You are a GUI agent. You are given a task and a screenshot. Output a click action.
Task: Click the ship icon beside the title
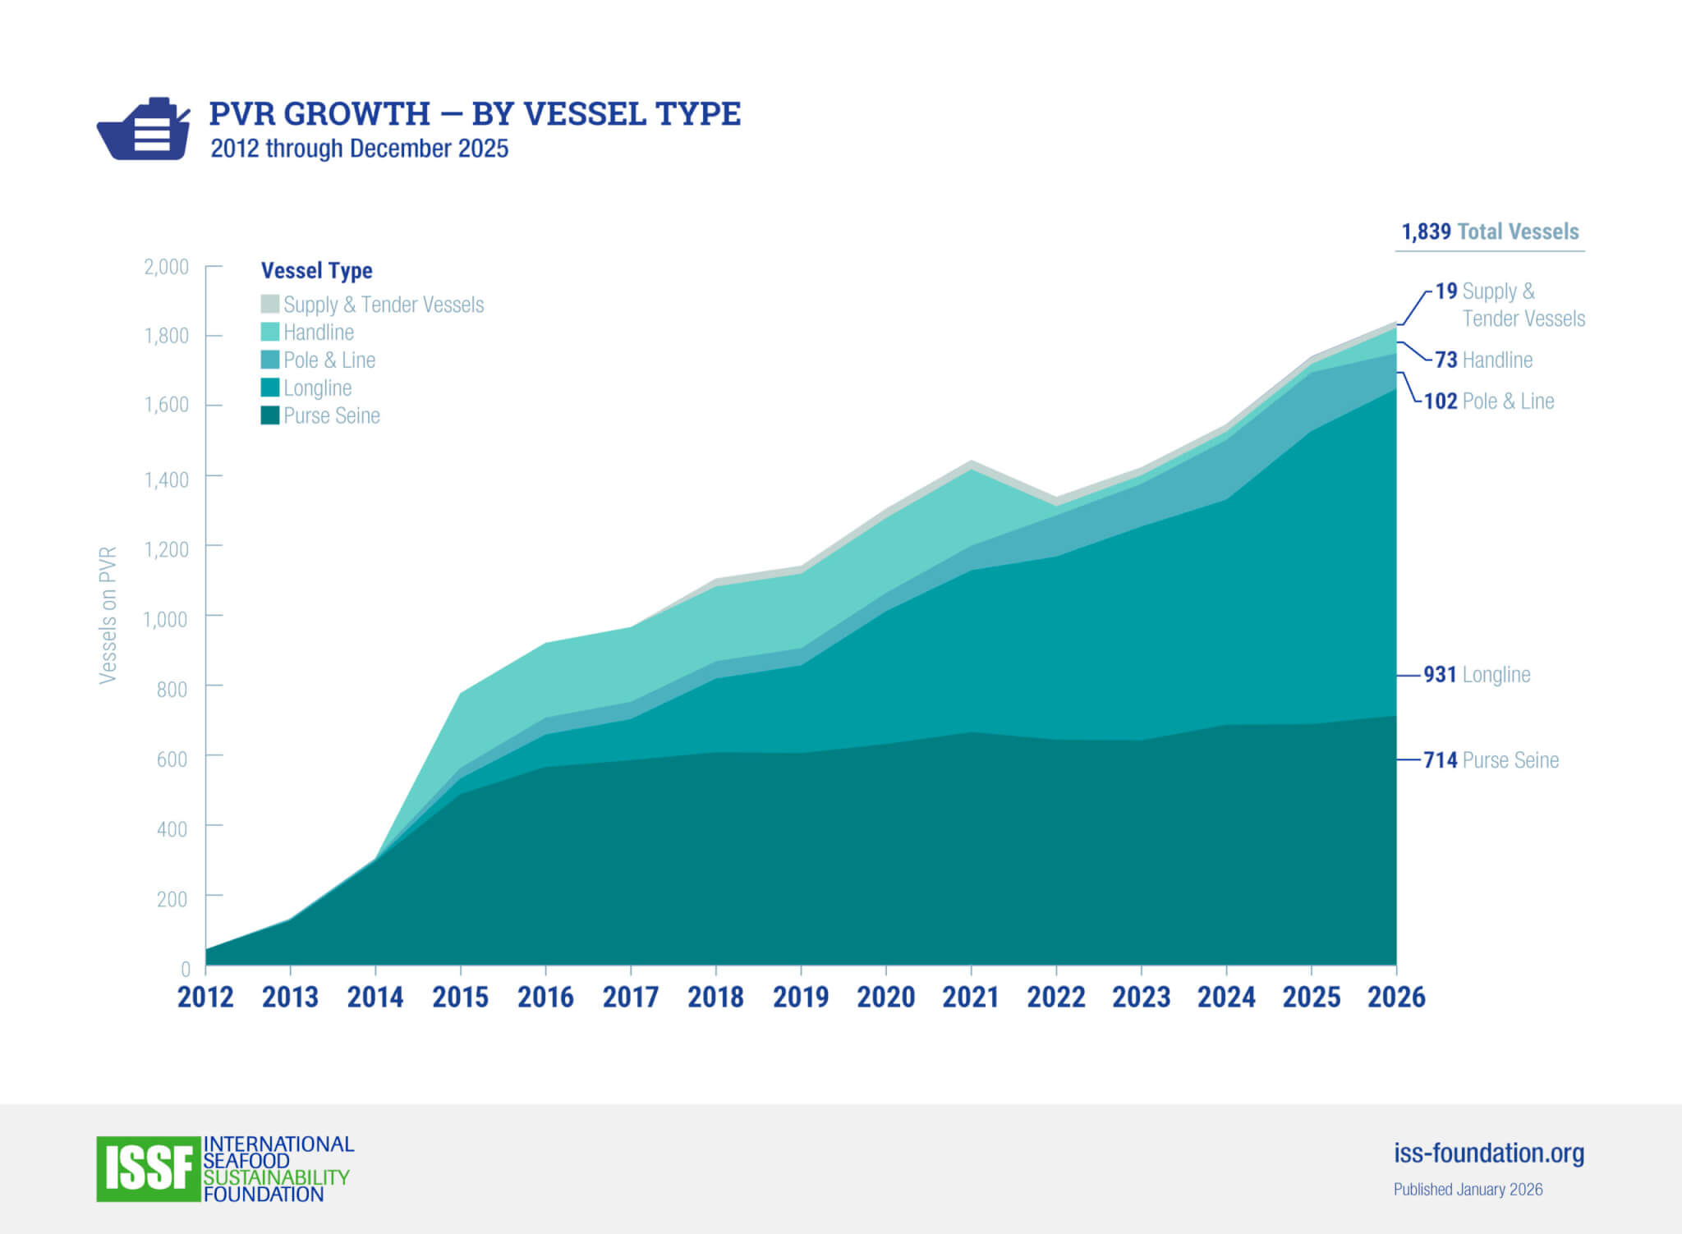[x=144, y=130]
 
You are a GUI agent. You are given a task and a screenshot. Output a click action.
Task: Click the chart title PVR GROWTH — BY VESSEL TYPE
[x=475, y=113]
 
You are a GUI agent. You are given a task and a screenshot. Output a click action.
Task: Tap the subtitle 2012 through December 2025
[x=359, y=149]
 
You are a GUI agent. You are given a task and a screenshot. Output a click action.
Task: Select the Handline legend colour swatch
[x=270, y=332]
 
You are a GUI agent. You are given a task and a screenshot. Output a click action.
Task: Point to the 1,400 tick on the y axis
[x=167, y=479]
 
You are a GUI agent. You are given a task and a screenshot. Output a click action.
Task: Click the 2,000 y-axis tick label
[x=166, y=267]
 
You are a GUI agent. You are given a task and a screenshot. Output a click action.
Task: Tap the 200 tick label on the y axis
[x=172, y=899]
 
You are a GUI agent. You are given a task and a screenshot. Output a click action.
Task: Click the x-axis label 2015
[x=460, y=997]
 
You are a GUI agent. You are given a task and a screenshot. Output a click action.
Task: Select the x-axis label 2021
[x=971, y=997]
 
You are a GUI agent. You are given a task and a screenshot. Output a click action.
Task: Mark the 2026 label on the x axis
[x=1396, y=997]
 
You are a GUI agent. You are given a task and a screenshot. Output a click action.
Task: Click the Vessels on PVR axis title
[x=108, y=615]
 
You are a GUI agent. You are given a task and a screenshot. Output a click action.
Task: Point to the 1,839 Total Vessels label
[x=1490, y=232]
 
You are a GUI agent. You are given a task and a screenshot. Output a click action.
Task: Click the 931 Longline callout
[x=1477, y=674]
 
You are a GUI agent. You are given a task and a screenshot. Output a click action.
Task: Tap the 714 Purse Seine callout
[x=1491, y=759]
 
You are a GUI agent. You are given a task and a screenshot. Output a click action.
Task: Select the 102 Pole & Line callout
[x=1488, y=401]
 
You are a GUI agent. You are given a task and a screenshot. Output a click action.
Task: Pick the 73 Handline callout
[x=1483, y=360]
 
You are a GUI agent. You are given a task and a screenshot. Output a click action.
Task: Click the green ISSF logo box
[x=149, y=1168]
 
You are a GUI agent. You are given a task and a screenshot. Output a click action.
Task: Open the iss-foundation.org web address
[x=1488, y=1153]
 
